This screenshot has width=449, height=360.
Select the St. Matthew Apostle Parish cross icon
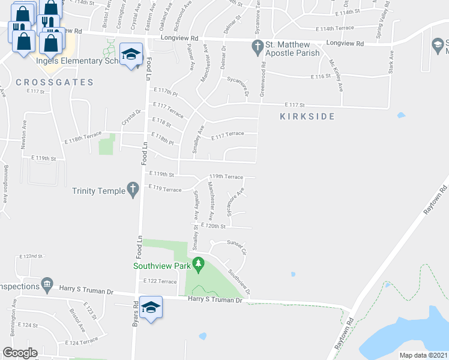tap(258, 46)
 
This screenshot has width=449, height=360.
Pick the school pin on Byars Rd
tap(151, 307)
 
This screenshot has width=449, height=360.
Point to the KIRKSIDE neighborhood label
tap(307, 116)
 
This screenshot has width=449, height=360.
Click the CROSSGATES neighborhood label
tap(55, 82)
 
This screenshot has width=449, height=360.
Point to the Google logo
tap(20, 352)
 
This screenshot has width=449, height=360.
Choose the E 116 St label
tap(321, 77)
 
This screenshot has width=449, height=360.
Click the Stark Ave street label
tap(391, 62)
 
